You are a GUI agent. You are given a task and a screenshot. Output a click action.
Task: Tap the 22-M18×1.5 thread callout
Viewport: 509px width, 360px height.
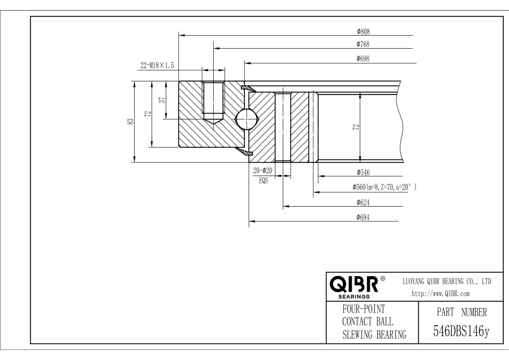click(x=157, y=66)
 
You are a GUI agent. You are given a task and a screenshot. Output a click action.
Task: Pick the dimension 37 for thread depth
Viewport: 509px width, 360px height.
click(x=162, y=100)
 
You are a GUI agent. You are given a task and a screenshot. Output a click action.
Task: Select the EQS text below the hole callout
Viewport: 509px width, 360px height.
click(x=263, y=182)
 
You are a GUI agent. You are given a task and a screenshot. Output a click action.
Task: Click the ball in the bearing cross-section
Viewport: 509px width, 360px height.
click(x=247, y=119)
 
